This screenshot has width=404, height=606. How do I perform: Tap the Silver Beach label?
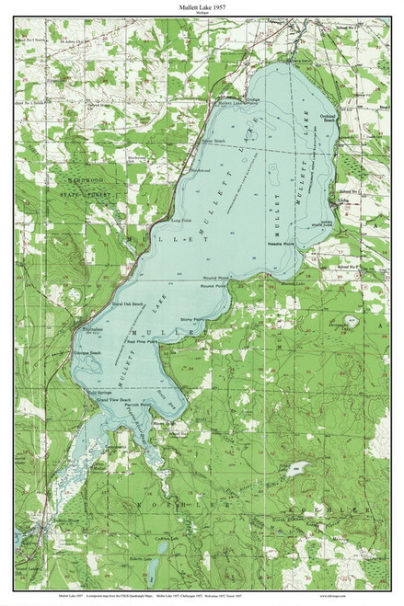pos(214,141)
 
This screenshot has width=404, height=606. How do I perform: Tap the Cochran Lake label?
pos(167,539)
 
